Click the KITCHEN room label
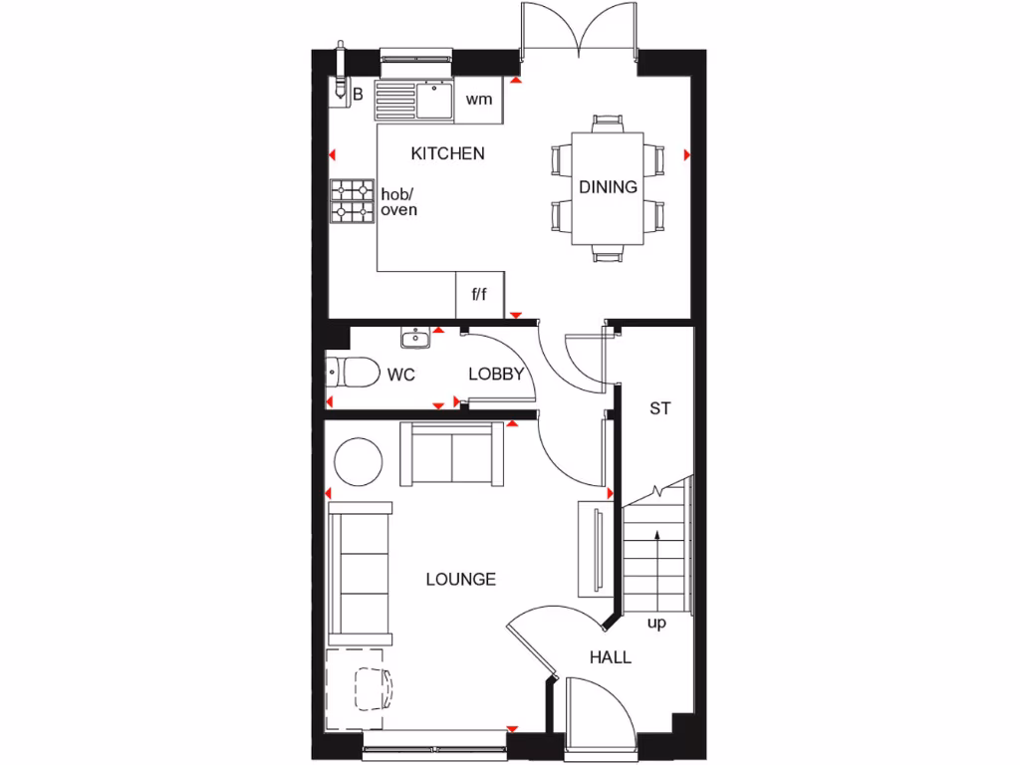448,153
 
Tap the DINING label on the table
608,186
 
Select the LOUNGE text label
460,579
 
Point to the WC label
400,376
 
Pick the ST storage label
659,407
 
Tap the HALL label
610,657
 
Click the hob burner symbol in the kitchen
352,199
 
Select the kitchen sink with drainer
413,100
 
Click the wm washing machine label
479,100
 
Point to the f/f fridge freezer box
480,294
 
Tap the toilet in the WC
350,372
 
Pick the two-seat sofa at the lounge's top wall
451,453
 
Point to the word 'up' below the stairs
656,624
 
